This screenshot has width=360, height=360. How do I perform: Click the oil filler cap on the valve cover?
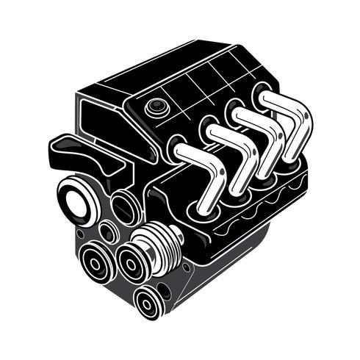point(156,107)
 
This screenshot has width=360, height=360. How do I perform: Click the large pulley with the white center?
point(75,202)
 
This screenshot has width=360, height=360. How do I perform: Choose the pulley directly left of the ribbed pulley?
point(132,261)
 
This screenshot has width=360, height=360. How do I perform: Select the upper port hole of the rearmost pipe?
point(262,93)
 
